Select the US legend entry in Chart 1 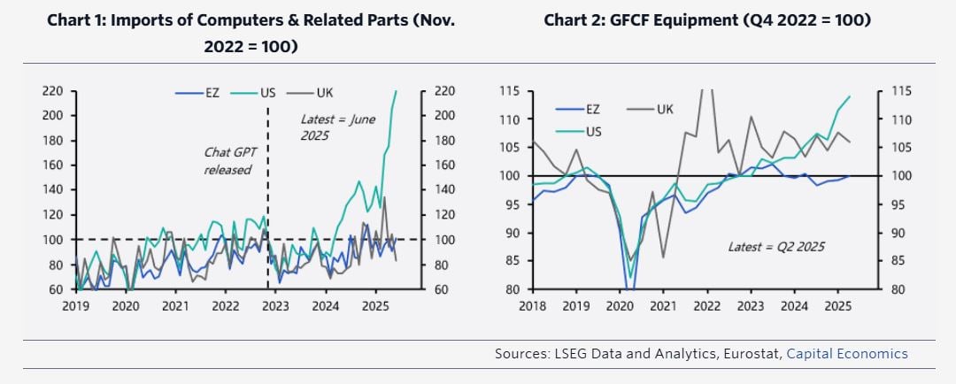(269, 93)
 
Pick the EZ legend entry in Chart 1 (206, 93)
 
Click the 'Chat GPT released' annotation (228, 160)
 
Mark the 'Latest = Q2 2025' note (775, 247)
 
